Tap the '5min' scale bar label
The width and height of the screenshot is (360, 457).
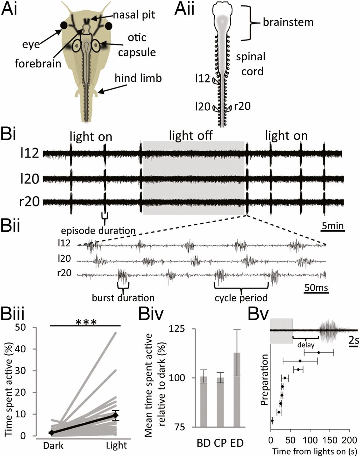coord(332,226)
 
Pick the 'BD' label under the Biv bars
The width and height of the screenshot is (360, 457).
coord(204,443)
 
